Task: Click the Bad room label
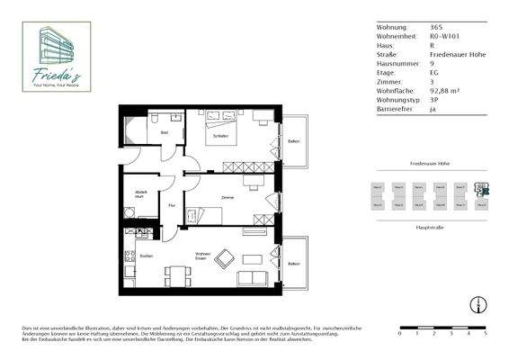click(x=164, y=132)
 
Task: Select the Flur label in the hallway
click(x=171, y=204)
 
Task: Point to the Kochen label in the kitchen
click(x=146, y=256)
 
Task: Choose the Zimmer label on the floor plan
click(x=228, y=196)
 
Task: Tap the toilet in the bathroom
click(x=156, y=118)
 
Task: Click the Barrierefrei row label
click(x=397, y=109)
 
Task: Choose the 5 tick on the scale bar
click(x=485, y=333)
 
